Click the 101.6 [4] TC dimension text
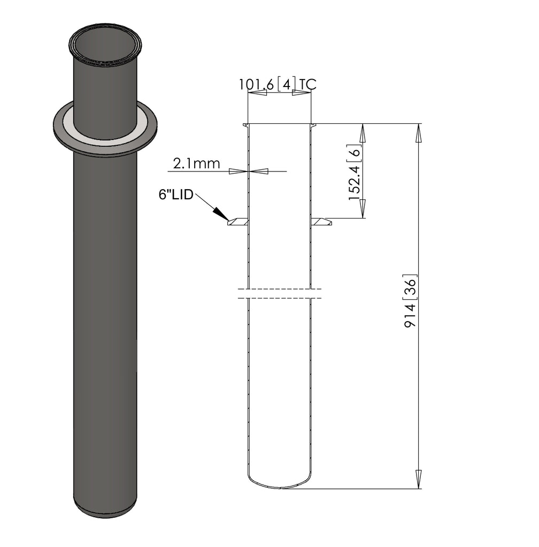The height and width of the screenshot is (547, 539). [277, 84]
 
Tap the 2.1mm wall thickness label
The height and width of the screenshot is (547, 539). [196, 163]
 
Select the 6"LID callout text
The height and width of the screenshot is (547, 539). [175, 195]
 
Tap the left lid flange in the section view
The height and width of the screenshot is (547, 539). [238, 222]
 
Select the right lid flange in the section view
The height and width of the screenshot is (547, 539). [321, 222]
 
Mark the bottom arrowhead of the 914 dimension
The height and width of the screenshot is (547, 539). [419, 479]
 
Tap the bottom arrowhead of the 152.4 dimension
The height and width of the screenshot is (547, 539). [362, 208]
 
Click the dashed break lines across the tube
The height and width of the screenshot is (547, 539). [279, 293]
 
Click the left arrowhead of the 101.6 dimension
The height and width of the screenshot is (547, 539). [258, 93]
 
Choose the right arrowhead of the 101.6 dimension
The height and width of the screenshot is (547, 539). [301, 93]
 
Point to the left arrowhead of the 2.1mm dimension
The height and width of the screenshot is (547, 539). [238, 171]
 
